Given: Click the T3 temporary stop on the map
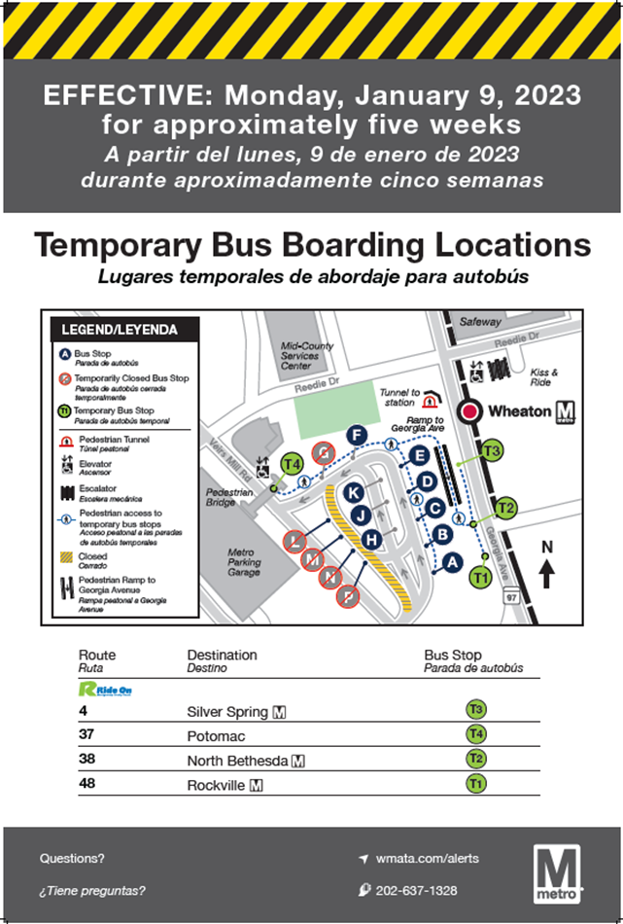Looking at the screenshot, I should tap(491, 450).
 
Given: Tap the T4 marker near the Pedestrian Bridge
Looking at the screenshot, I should tap(291, 463).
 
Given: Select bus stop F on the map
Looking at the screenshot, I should tap(357, 435).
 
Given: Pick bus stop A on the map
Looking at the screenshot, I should tap(450, 560).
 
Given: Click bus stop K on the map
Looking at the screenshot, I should tap(353, 493).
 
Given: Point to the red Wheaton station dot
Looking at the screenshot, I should tap(471, 411).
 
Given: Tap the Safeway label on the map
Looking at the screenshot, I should tap(480, 322).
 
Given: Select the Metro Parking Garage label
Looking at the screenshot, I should tap(244, 562).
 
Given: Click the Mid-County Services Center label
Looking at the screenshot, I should tap(307, 356).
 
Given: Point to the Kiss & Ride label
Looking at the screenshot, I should tap(543, 377).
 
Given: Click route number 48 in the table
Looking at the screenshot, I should tap(87, 784).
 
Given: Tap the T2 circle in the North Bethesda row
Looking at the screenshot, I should tap(475, 760).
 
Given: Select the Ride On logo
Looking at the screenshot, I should tap(105, 689).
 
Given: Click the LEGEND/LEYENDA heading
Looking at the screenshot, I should tap(120, 330).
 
